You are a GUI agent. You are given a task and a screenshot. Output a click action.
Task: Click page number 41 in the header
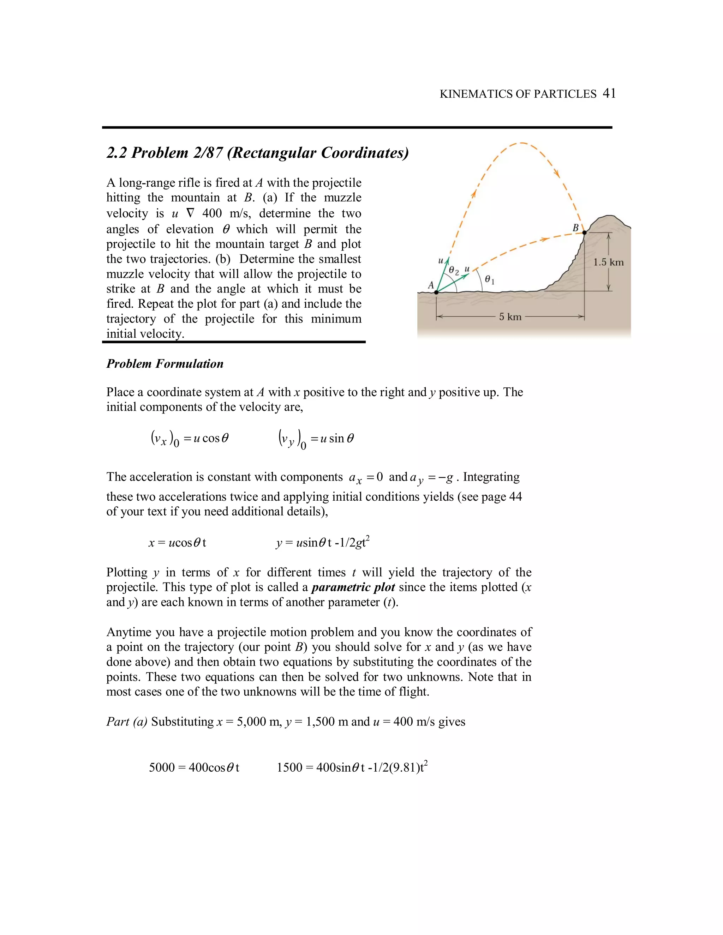coord(609,93)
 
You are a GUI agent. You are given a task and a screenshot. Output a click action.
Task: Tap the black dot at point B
coord(585,233)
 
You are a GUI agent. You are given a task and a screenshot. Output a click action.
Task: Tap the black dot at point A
coord(436,292)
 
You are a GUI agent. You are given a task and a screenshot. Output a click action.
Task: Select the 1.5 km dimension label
coord(608,262)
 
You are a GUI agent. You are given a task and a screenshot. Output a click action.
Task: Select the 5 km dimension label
coord(510,317)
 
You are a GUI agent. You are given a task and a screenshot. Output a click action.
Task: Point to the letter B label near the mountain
coord(576,228)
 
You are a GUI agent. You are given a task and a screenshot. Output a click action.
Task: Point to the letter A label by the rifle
coord(431,285)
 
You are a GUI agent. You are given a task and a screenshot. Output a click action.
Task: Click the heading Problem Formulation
coord(165,364)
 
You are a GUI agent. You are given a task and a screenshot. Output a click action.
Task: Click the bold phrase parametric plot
coord(353,587)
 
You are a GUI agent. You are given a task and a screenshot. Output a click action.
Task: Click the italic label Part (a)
coord(127,722)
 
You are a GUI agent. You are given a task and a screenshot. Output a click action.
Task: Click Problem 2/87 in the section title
coord(177,153)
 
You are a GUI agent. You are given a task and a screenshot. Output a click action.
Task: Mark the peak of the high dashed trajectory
coord(520,143)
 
